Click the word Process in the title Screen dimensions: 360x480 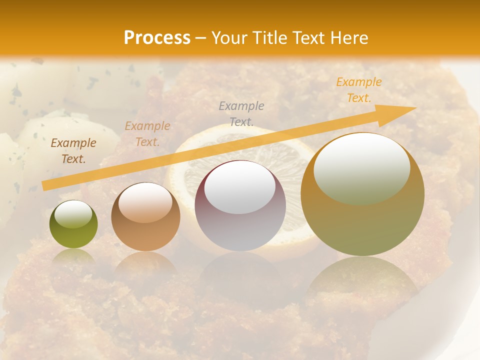click(157, 37)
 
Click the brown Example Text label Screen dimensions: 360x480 click(73, 151)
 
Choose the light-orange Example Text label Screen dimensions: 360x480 click(147, 134)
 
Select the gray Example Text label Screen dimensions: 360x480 click(241, 113)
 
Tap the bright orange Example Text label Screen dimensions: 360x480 click(358, 90)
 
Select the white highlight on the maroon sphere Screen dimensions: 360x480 click(240, 189)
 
